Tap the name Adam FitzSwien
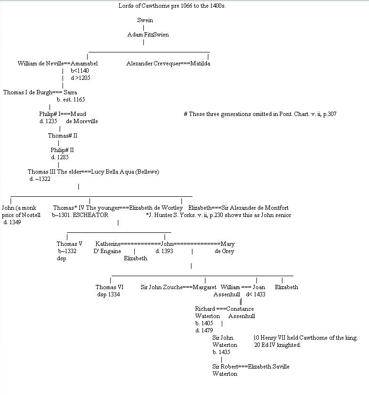coord(148,35)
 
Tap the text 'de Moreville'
coord(82,121)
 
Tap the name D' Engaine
coord(107,251)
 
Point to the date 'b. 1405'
coord(204,323)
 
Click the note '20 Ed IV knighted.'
coord(277,345)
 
